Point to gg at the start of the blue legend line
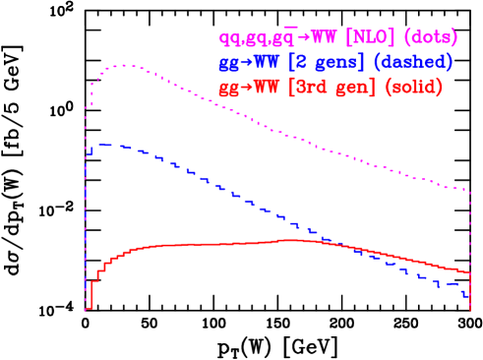click(x=229, y=64)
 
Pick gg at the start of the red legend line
click(x=229, y=89)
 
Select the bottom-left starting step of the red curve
click(x=88, y=308)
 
